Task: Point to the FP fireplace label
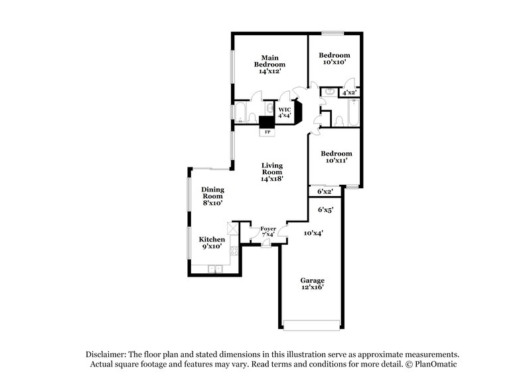[267, 132]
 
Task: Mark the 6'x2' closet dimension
[325, 192]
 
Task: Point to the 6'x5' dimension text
[325, 209]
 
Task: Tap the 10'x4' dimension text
[313, 233]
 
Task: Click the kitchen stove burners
[234, 251]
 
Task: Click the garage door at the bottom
[311, 324]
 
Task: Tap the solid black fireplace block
[266, 122]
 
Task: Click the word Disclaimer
[107, 354]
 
